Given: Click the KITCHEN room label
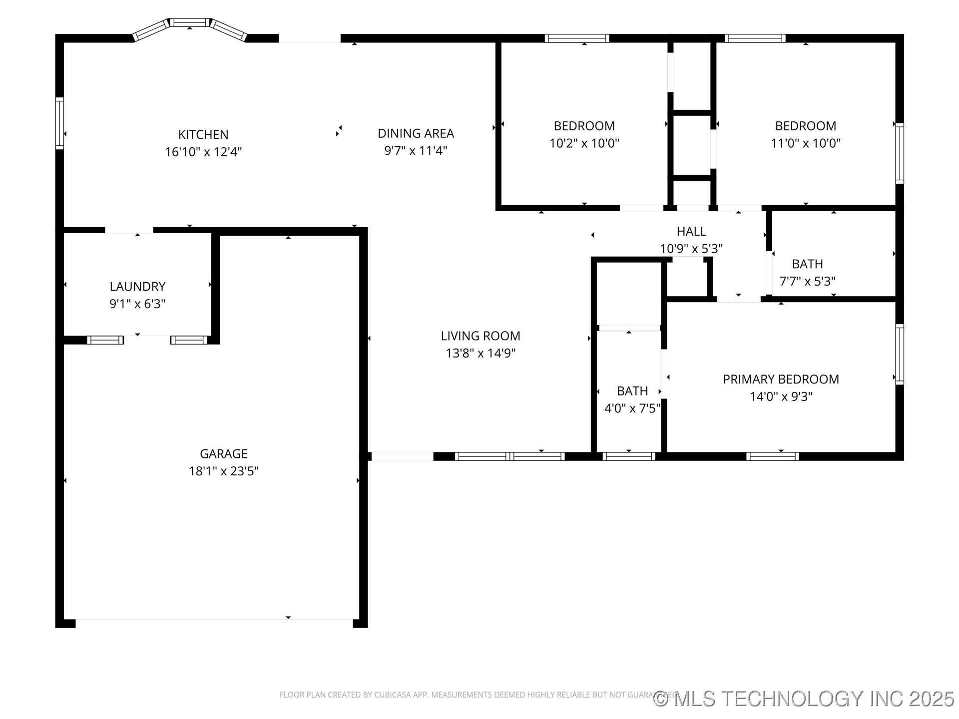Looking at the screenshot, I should click(203, 134).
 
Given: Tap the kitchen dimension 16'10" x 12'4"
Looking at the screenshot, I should click(203, 152).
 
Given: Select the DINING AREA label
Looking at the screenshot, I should click(416, 133).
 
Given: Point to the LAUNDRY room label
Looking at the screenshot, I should click(137, 287).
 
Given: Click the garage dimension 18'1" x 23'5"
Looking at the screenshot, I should click(223, 471).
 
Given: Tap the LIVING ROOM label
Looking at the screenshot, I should click(480, 336).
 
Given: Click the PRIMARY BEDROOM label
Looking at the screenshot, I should click(781, 379).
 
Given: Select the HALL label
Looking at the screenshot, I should click(691, 231).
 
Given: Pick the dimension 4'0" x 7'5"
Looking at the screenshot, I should click(632, 408).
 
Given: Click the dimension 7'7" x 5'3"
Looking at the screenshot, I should click(807, 281).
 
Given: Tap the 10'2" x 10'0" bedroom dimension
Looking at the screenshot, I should click(584, 143).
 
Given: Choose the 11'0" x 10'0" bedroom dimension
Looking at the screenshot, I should click(806, 143).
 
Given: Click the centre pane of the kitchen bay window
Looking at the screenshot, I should click(189, 22).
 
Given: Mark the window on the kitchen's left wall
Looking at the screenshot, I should click(59, 123).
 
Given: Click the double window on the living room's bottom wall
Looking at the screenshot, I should click(509, 456).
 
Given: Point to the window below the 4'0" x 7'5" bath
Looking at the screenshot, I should click(629, 456).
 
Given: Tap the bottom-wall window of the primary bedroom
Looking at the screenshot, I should click(772, 456).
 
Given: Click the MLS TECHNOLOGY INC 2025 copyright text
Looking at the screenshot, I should click(804, 699).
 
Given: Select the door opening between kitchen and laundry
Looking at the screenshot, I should click(129, 230).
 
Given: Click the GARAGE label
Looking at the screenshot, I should click(223, 453).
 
